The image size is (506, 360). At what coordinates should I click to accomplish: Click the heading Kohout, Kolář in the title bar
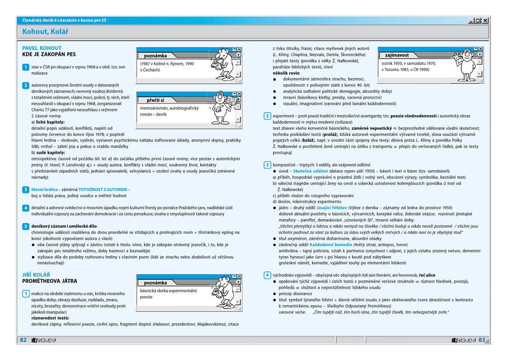point(45,31)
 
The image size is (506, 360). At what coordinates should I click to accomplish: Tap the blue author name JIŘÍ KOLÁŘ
point(36,274)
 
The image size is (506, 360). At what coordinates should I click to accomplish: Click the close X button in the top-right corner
point(486,20)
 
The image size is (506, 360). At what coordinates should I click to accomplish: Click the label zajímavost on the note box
point(397,55)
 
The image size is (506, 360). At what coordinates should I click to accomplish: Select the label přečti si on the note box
point(156,100)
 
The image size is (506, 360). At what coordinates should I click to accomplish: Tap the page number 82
point(23,340)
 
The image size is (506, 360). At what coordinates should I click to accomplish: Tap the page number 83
point(482,340)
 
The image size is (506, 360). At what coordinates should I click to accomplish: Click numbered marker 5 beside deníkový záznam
point(26,226)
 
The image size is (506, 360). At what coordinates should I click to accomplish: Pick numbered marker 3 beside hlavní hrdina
point(26,190)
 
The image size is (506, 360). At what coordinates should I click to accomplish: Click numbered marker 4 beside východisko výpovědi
point(267,275)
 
